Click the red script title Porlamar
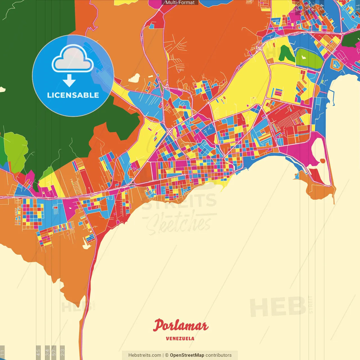181,326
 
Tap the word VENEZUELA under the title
180,339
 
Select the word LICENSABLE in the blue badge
73,95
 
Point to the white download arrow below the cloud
69,80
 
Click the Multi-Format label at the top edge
180,3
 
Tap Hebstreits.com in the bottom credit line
145,355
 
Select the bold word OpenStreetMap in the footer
187,355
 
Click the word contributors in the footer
219,355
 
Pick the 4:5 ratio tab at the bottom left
38,352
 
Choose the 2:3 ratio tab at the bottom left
62,352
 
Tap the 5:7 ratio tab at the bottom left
54,352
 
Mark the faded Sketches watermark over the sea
179,224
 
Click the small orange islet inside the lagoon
322,161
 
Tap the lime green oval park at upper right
308,58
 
